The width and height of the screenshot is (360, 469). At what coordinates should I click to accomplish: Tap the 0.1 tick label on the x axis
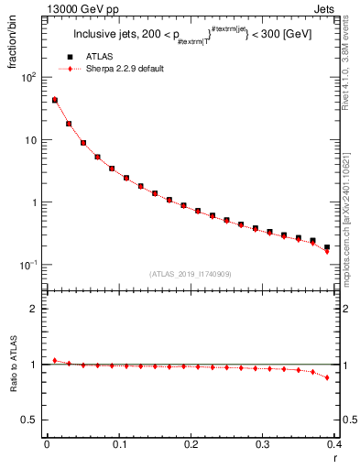click(x=118, y=444)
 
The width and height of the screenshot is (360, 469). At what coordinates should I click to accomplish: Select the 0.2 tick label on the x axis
click(x=191, y=444)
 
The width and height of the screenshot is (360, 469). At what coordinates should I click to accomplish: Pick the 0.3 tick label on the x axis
click(x=263, y=444)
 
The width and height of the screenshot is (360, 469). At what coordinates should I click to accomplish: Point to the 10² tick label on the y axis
click(x=27, y=77)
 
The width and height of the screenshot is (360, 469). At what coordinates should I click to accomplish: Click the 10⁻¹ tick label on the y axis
click(x=27, y=265)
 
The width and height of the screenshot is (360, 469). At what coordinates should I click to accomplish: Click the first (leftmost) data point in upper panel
click(x=54, y=100)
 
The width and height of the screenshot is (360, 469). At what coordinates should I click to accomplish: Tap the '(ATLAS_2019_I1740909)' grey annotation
click(x=191, y=274)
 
